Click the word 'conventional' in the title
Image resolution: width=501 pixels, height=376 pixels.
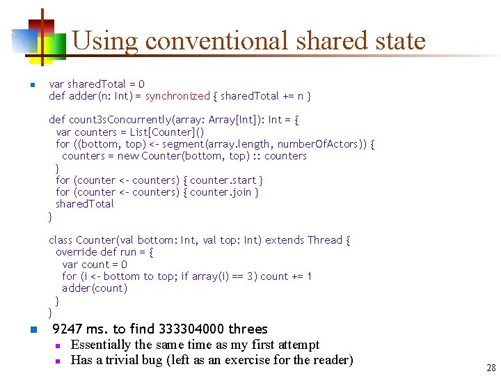coord(218,40)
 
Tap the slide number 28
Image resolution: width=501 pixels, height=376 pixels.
coord(491,368)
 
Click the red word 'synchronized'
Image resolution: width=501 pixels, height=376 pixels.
coord(177,95)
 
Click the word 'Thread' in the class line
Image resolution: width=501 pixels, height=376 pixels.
coord(324,240)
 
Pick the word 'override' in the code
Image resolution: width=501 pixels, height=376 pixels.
coord(77,252)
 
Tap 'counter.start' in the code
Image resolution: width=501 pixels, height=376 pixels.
coord(223,180)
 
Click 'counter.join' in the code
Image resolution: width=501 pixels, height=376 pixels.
coord(221,191)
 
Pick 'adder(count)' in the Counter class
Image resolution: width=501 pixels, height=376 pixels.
coord(95,288)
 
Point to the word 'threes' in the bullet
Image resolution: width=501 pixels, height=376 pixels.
coord(248,329)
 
